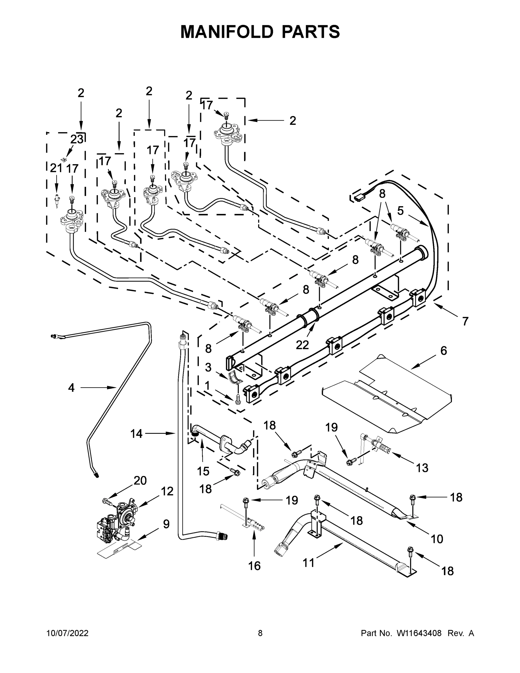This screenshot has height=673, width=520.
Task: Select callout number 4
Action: pyautogui.click(x=71, y=388)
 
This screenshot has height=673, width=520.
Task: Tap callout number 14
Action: pyautogui.click(x=136, y=434)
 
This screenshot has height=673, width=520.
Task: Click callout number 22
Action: pyautogui.click(x=302, y=345)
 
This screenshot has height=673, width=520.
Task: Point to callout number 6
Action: pyautogui.click(x=443, y=351)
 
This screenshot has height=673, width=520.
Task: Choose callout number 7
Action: pyautogui.click(x=465, y=321)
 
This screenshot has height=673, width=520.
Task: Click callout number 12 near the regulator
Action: pyautogui.click(x=167, y=491)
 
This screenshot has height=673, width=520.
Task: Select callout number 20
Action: pyautogui.click(x=140, y=480)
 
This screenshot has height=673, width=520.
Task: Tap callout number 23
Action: pyautogui.click(x=77, y=139)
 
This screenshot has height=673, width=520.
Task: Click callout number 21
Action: pyautogui.click(x=56, y=168)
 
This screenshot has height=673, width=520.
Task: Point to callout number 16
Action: pyautogui.click(x=255, y=566)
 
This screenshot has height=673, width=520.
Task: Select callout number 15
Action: pyautogui.click(x=203, y=471)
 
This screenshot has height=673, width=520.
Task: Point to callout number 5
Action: pyautogui.click(x=400, y=211)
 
